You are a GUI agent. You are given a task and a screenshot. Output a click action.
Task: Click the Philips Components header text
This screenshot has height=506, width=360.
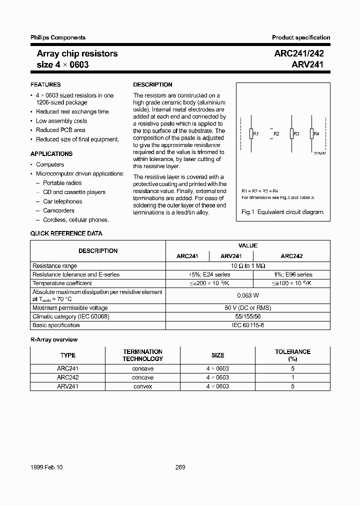[58, 37]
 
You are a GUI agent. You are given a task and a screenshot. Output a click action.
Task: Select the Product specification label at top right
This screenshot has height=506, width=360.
[301, 37]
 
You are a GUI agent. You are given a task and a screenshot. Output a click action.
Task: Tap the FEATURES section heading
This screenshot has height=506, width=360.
[45, 85]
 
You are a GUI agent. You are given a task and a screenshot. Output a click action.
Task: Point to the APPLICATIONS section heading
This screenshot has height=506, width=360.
[51, 154]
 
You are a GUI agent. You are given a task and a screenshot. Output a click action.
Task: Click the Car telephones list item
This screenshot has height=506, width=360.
[62, 201]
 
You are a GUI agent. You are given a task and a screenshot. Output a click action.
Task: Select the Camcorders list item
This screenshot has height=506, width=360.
[58, 210]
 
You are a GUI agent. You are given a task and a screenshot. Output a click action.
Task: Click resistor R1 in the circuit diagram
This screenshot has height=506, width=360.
[250, 133]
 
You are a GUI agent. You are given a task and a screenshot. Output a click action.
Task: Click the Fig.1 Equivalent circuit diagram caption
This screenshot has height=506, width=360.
[282, 212]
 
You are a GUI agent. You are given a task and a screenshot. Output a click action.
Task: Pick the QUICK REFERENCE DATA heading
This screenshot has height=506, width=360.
[66, 233]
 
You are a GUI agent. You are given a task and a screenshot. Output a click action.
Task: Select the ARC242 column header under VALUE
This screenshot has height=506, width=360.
[291, 256]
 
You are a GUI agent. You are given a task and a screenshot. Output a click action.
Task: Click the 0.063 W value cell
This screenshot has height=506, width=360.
[247, 295]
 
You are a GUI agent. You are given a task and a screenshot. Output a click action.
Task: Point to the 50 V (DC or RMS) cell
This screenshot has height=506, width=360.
[247, 308]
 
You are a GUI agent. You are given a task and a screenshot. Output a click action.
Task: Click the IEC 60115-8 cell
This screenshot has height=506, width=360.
[247, 325]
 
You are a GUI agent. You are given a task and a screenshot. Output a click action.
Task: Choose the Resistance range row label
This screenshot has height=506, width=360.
[55, 266]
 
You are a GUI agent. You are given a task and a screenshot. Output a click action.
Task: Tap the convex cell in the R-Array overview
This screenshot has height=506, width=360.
[142, 386]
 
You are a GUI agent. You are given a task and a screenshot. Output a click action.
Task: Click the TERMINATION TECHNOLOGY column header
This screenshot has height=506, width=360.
[142, 355]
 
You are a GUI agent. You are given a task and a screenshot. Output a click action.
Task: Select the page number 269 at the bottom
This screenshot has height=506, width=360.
[180, 467]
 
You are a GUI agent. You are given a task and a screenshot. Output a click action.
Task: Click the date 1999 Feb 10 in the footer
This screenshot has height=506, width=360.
[46, 467]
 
